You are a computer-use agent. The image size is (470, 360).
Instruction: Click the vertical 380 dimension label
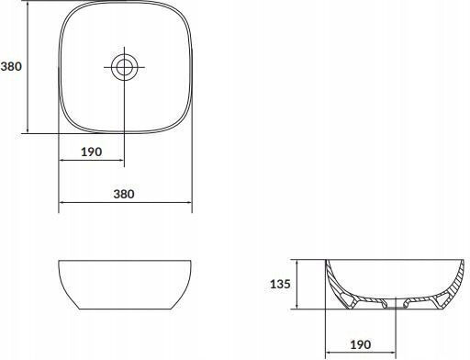tap(11, 66)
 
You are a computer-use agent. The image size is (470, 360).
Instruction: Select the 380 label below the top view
tap(124, 194)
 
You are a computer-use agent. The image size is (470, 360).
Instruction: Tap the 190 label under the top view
tap(91, 152)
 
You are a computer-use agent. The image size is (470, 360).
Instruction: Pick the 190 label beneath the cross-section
tap(361, 344)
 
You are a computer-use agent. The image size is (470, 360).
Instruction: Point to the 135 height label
tap(280, 284)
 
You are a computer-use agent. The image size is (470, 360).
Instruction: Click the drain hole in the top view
tap(124, 67)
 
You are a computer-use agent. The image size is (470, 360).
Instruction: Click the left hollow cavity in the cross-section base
tap(347, 298)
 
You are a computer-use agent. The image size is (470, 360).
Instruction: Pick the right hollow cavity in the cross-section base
tap(442, 298)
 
